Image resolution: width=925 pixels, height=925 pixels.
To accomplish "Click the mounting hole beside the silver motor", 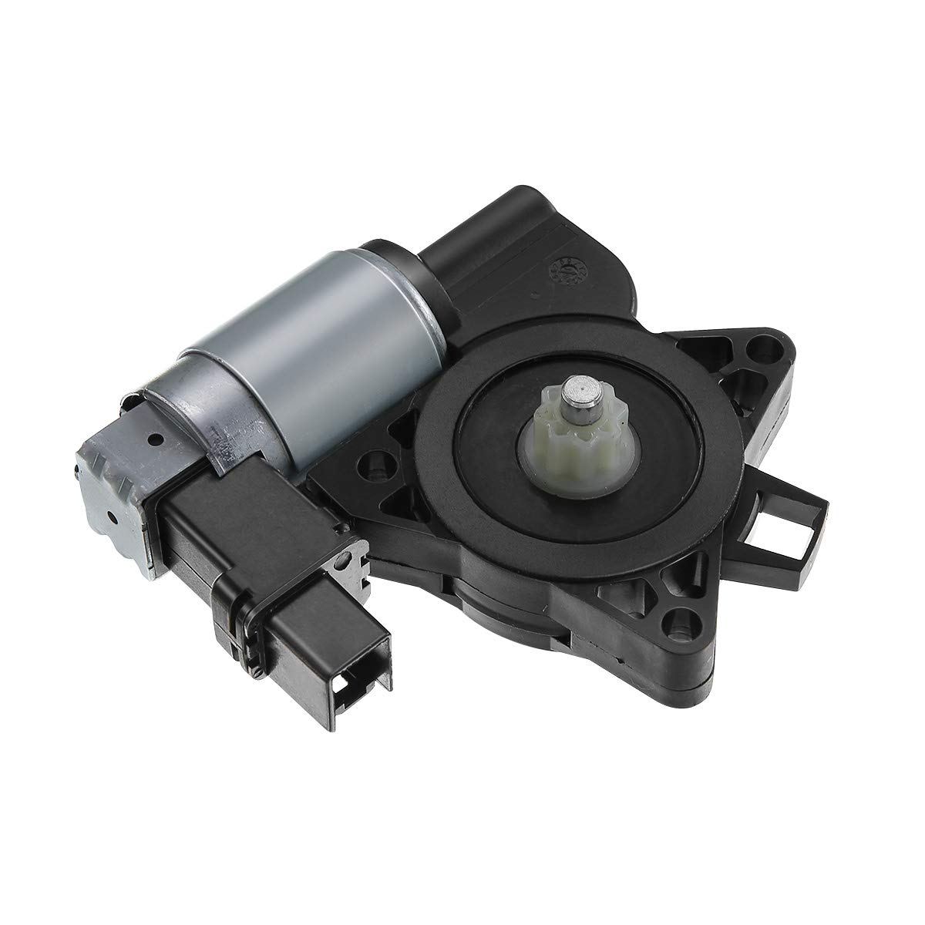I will pos(376,467).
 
